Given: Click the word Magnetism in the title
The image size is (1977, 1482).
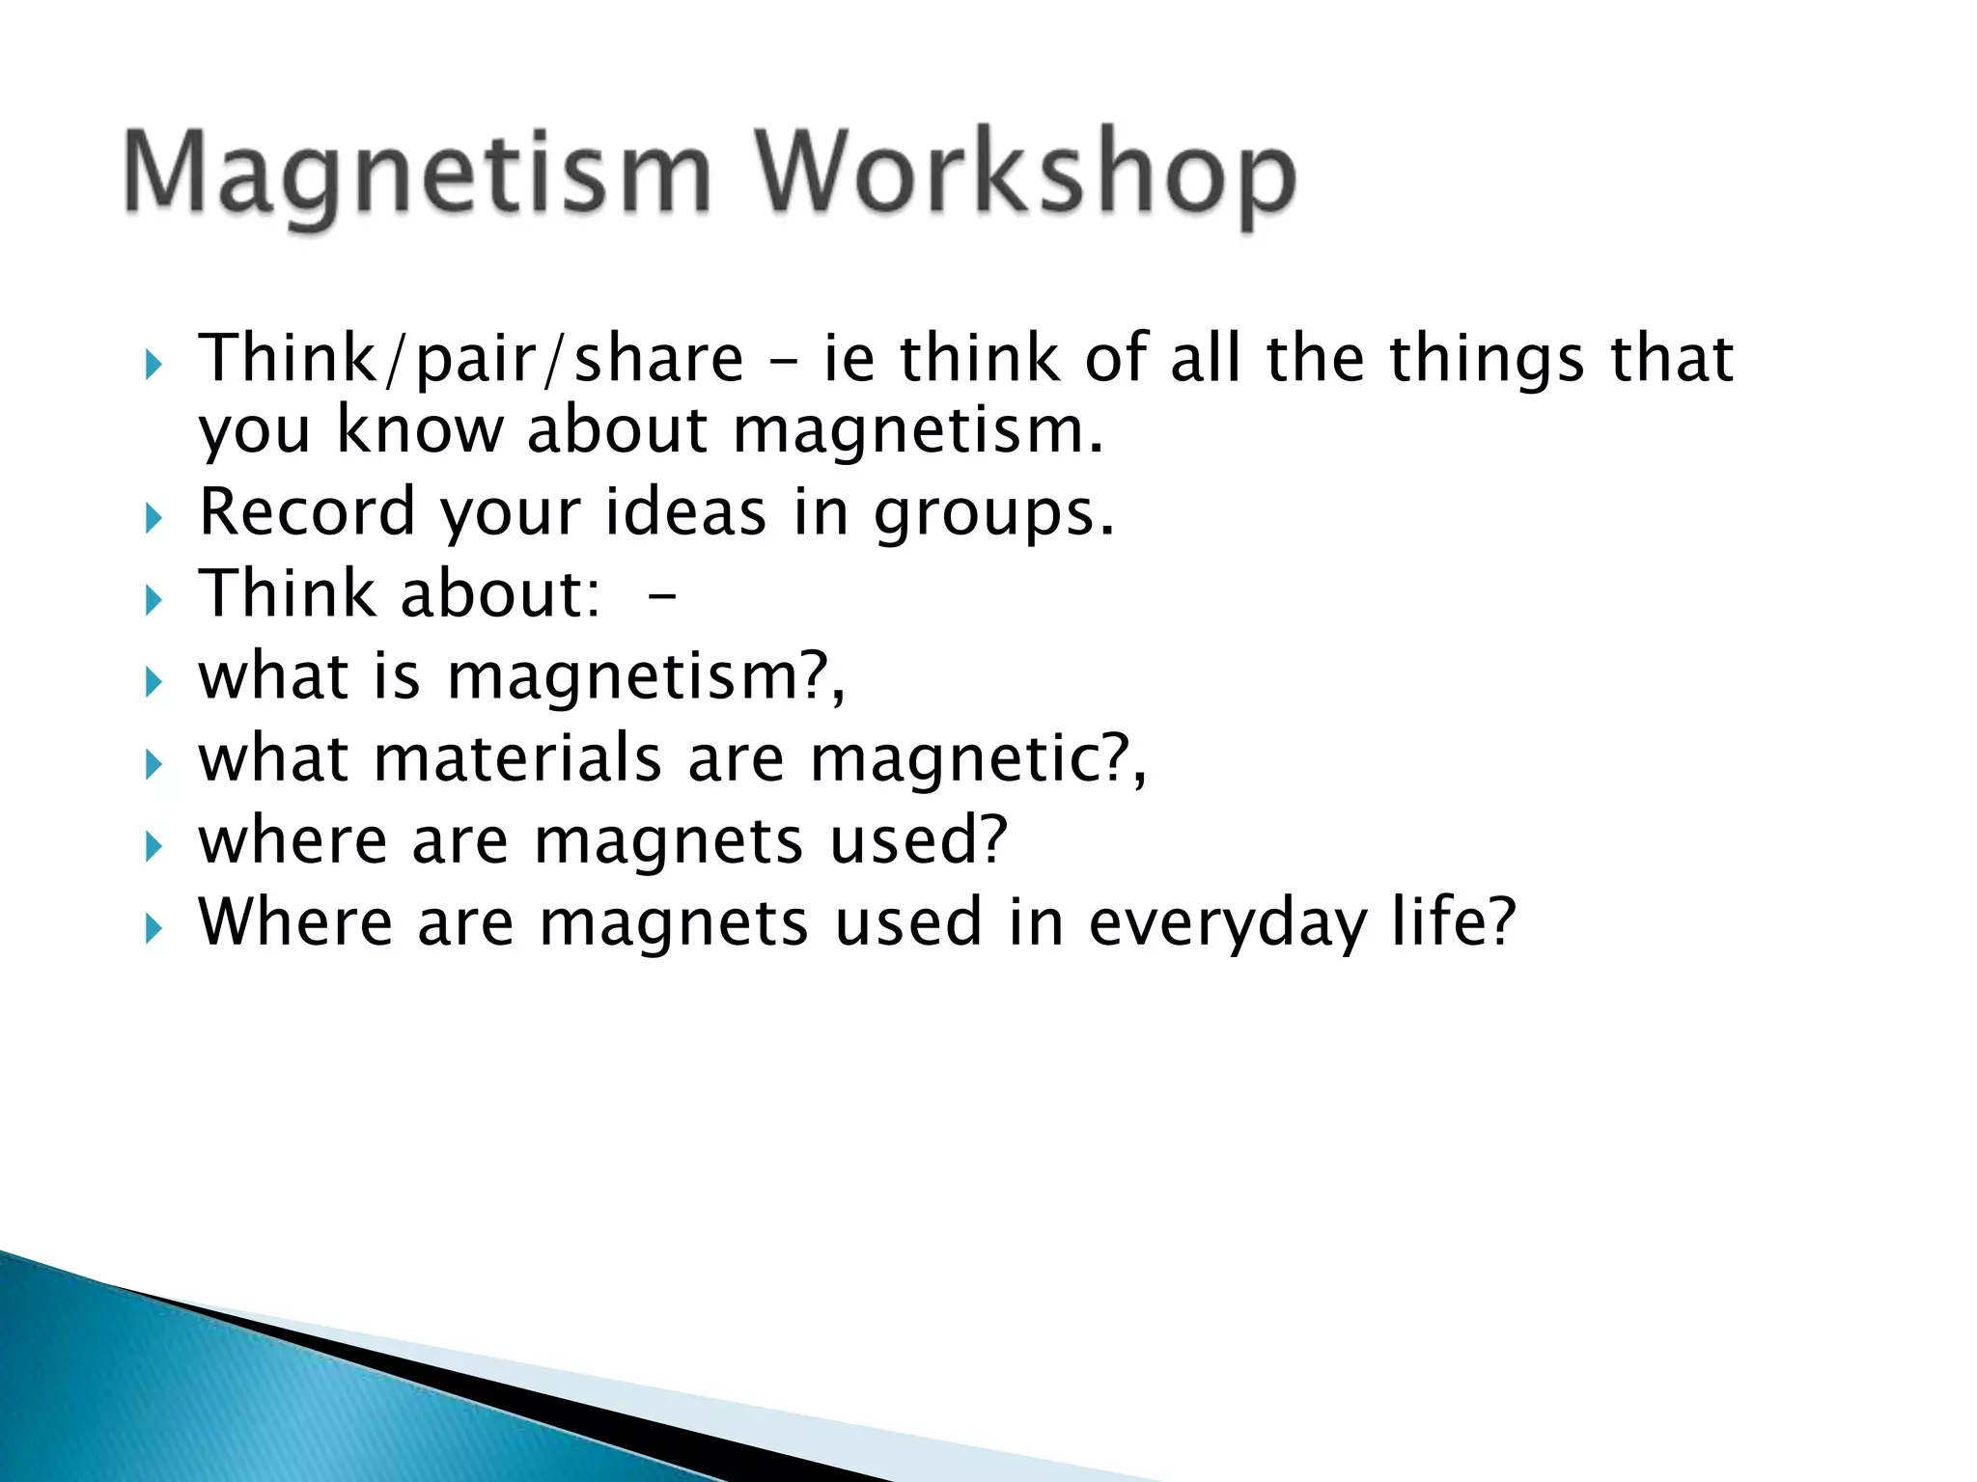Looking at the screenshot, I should [417, 174].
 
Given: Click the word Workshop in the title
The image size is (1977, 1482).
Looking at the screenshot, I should [1025, 174].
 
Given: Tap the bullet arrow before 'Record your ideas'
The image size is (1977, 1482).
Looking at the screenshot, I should [153, 519].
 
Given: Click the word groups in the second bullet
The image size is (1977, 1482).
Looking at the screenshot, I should [993, 514].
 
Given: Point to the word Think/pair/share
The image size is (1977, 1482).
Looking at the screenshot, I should [471, 359].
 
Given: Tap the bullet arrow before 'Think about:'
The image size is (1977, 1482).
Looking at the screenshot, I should [153, 601].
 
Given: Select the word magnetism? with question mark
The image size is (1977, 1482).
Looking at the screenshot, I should [645, 677].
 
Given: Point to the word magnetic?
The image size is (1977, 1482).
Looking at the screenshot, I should [976, 760].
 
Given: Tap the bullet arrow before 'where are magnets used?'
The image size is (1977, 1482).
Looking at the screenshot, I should [153, 847].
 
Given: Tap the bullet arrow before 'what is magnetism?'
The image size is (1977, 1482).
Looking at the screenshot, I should [153, 683].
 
